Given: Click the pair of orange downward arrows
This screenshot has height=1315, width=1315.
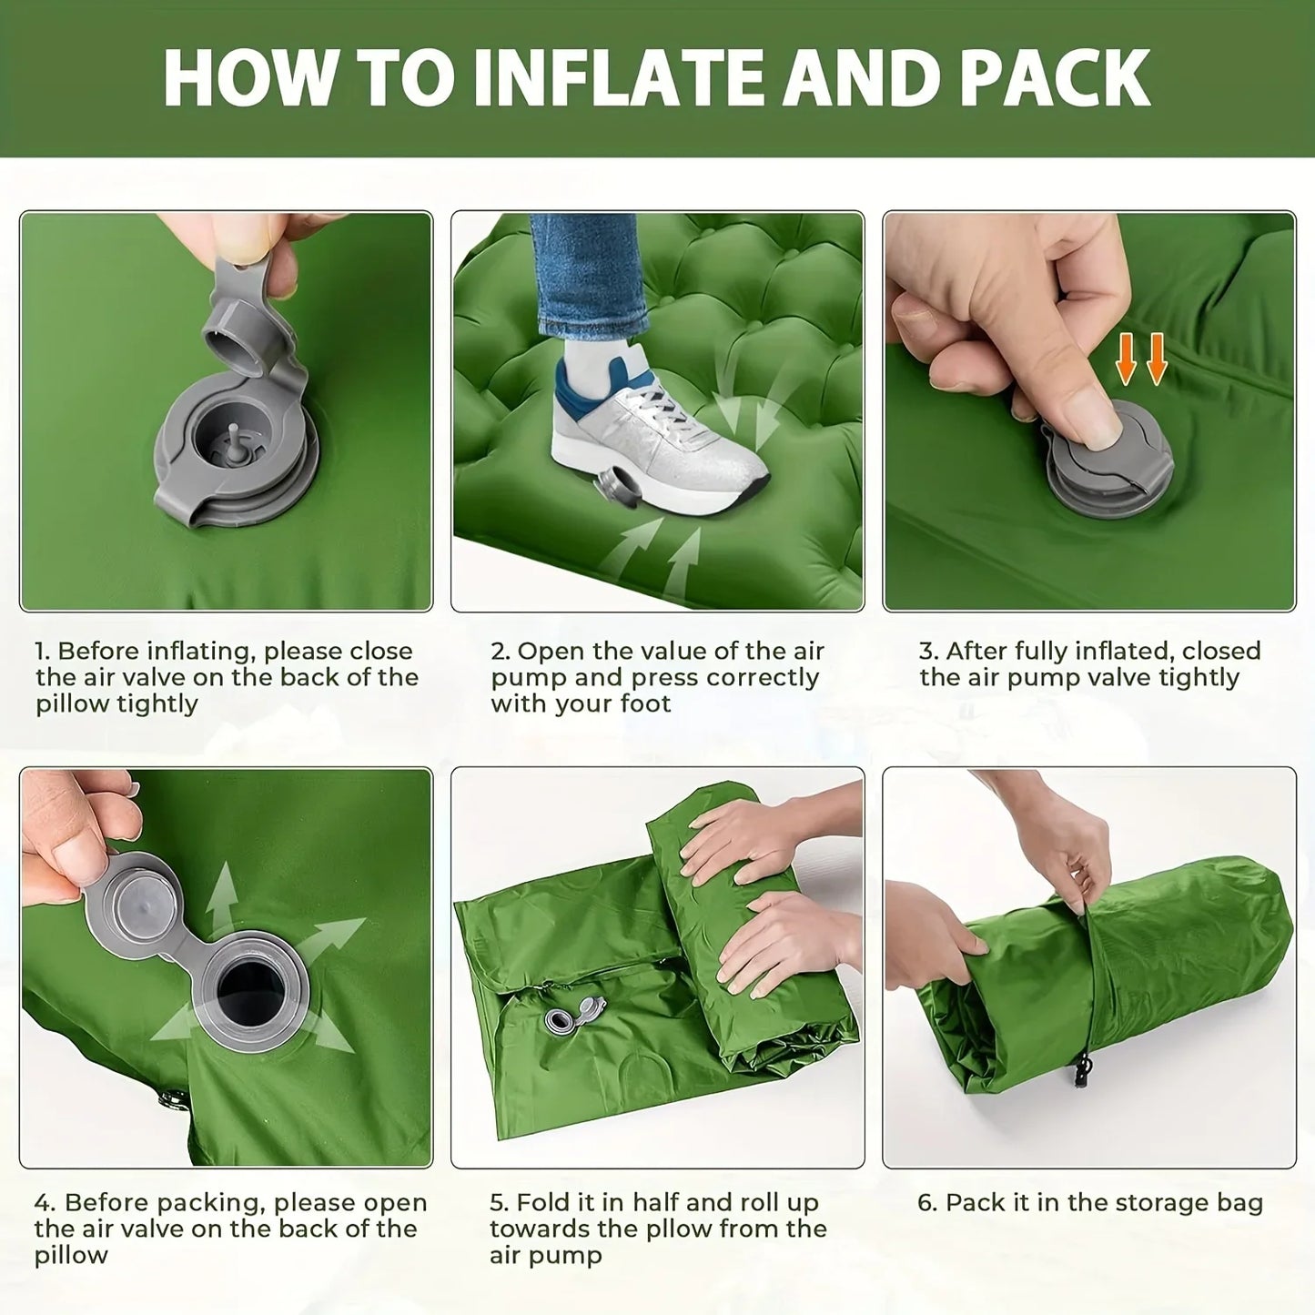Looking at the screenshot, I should (1141, 359).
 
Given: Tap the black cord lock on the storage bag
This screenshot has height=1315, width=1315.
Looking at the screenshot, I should (1082, 1069).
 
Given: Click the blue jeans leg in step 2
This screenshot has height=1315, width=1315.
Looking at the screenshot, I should (587, 273).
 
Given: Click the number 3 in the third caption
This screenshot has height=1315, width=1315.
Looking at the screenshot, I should (926, 652).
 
